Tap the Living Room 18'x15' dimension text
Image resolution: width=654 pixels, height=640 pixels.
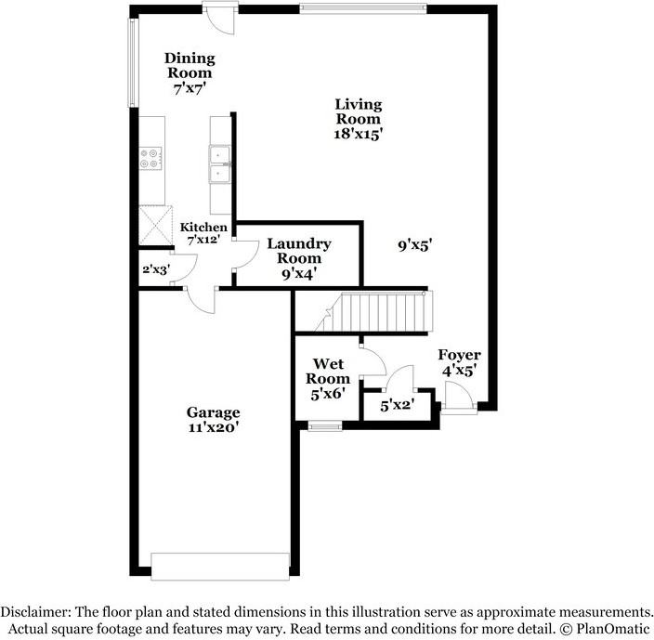point(359,133)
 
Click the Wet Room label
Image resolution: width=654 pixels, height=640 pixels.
point(331,371)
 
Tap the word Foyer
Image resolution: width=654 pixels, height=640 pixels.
point(459,355)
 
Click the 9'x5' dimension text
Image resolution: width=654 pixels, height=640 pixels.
point(416,245)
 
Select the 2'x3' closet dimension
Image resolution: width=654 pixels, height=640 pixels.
point(154,270)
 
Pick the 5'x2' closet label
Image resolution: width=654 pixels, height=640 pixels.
point(398,405)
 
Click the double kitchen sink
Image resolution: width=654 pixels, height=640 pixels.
point(220,164)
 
